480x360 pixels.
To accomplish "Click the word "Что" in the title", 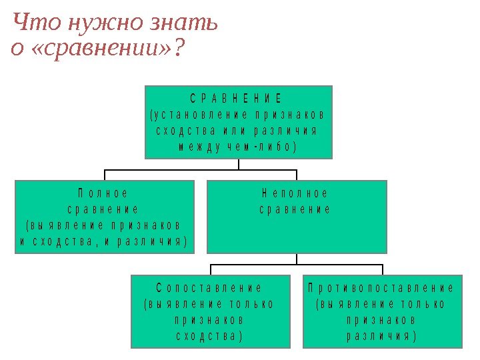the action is point(31,23).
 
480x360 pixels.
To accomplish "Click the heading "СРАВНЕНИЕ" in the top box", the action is point(237,99).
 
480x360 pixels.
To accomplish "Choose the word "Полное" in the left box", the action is point(103,193).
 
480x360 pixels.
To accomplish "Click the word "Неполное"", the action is point(295,193).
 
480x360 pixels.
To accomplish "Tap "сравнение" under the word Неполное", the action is point(295,209).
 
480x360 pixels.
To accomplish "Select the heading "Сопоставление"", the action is point(209,288).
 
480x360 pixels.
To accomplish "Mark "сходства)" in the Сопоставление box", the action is point(209,336).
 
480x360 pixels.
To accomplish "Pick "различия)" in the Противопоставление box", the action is point(381,336).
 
